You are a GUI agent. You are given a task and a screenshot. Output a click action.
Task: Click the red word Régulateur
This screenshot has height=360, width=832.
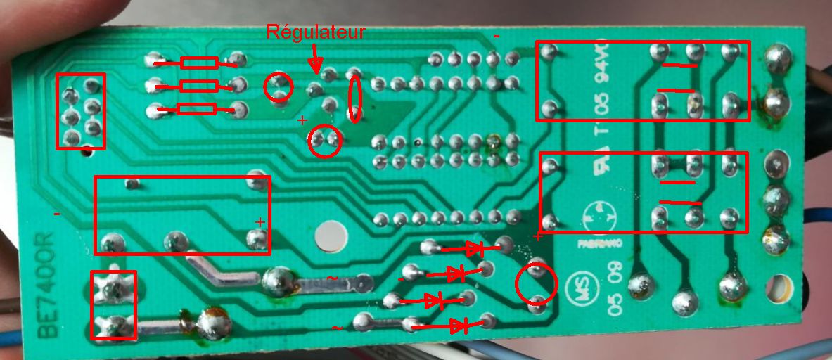[316, 32]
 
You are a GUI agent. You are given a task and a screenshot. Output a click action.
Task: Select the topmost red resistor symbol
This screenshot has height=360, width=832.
[198, 63]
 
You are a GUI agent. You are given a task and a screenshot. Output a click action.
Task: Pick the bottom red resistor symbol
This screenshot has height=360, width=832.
[197, 109]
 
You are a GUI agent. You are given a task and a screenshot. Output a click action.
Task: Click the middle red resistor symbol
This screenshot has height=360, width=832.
[198, 86]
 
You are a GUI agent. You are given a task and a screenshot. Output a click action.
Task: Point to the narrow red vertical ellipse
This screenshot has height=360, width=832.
[356, 98]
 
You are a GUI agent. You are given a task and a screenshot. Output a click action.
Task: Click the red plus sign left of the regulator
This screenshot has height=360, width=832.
[302, 120]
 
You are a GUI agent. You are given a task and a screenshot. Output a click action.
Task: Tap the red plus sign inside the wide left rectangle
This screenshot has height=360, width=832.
[260, 222]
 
